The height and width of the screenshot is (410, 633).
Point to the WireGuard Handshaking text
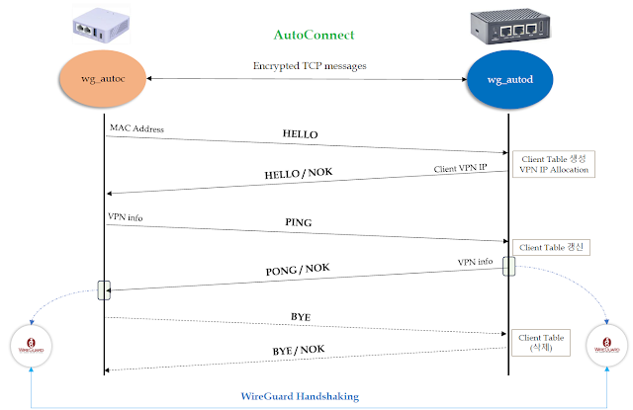[x=302, y=396]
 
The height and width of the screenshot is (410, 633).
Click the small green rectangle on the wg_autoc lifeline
[x=103, y=289]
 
